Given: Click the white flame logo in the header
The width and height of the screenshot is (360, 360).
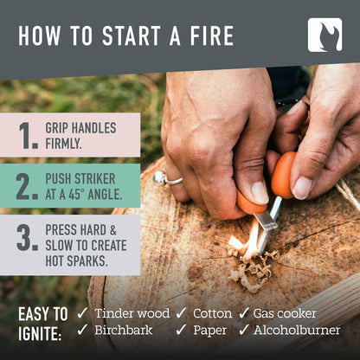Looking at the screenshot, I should (x=325, y=35).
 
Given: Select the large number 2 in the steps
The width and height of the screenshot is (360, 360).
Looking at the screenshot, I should (x=27, y=186).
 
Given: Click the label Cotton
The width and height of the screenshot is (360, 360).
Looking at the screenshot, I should (x=211, y=312).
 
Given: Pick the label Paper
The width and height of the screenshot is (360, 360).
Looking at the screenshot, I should (x=208, y=330).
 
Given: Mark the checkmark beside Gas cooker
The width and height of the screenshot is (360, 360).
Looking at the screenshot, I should (x=244, y=312).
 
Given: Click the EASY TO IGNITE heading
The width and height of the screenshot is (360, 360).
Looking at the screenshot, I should (x=41, y=321).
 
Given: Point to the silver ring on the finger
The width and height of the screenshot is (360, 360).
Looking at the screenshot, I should (x=161, y=177).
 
